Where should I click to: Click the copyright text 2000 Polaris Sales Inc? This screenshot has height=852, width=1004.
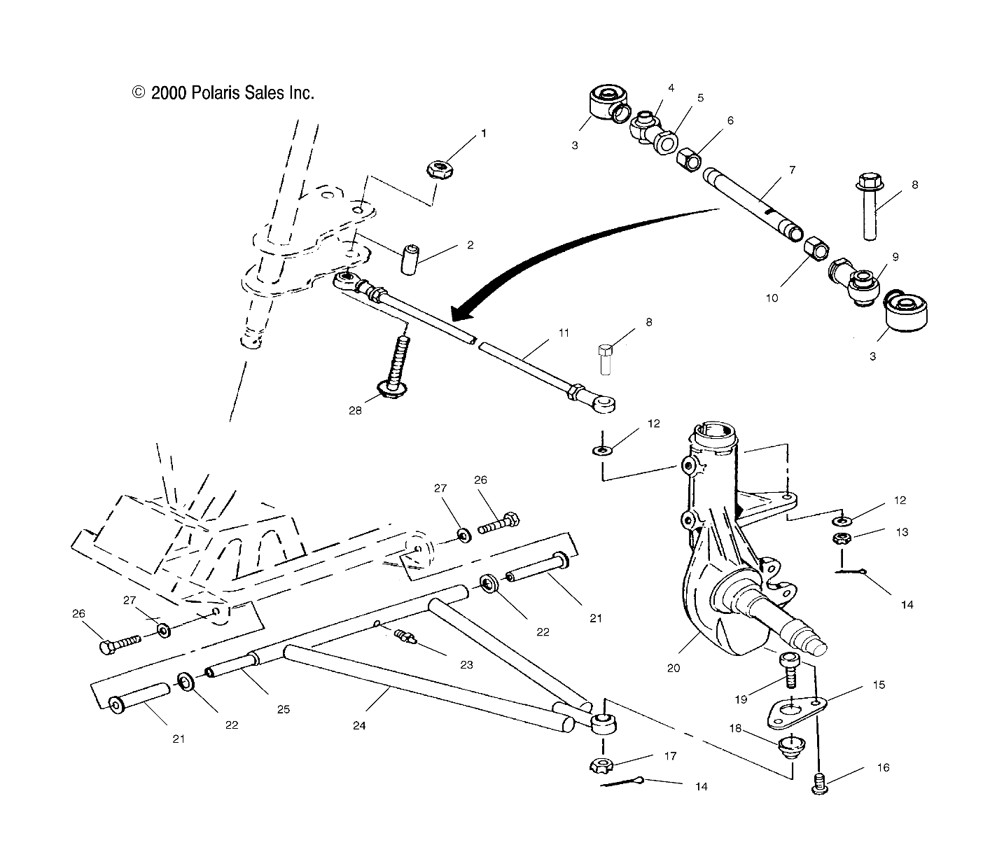223,92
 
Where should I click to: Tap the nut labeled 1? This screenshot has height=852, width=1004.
439,169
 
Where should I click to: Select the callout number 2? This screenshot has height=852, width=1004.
470,245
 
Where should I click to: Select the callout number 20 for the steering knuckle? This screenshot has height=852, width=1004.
673,668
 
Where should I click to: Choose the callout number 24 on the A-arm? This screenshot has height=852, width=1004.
359,726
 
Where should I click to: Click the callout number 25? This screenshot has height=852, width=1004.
283,709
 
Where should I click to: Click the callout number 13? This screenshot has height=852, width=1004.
902,532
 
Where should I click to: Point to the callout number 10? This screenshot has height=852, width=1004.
772,297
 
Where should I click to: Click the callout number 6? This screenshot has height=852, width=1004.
730,120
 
